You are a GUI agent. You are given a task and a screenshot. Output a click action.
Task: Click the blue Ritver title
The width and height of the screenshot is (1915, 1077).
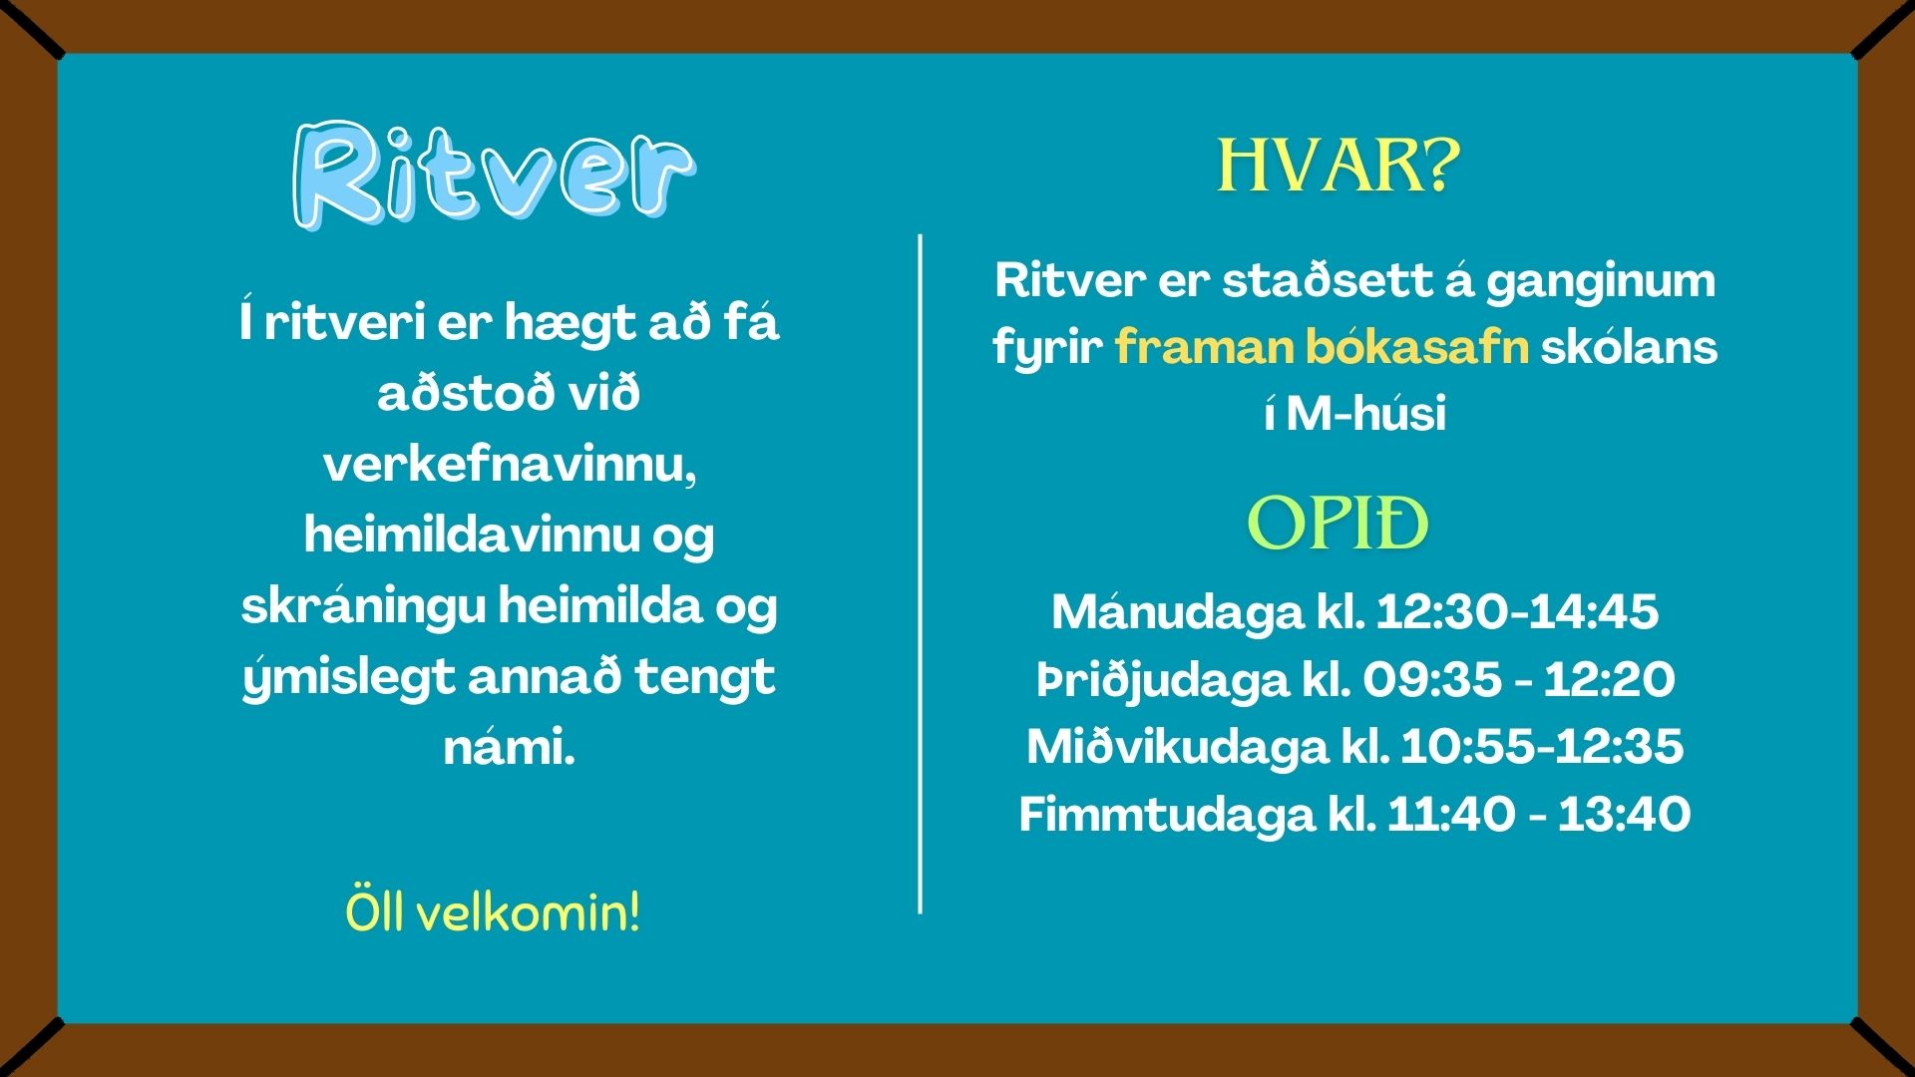494,177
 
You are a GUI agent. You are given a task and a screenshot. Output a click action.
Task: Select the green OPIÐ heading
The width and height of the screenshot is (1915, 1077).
1339,524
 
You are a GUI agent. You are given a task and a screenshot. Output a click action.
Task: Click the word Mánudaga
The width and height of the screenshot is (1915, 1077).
1177,611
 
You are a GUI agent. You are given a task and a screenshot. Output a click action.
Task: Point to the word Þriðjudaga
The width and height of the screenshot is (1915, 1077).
1163,680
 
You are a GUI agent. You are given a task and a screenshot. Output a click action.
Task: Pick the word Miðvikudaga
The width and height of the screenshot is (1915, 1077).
1177,747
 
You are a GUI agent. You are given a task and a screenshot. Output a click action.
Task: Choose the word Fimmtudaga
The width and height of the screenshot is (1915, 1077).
1167,814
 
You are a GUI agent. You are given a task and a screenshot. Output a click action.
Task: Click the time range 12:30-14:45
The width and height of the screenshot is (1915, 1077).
1517,611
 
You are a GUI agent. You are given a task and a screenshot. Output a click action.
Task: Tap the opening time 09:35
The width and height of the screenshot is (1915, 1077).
1432,679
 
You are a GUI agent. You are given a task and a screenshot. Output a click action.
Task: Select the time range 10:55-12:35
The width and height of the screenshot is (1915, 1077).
1542,746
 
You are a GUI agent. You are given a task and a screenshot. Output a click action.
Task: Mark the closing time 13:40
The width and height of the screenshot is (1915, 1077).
1624,814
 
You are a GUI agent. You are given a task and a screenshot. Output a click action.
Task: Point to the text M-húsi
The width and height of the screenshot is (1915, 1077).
1365,413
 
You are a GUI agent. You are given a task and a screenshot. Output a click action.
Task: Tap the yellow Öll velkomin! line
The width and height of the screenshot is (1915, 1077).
493,912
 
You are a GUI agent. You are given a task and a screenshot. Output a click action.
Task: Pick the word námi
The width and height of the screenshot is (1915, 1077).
510,747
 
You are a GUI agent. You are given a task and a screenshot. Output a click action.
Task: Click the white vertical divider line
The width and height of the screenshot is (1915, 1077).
920,573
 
